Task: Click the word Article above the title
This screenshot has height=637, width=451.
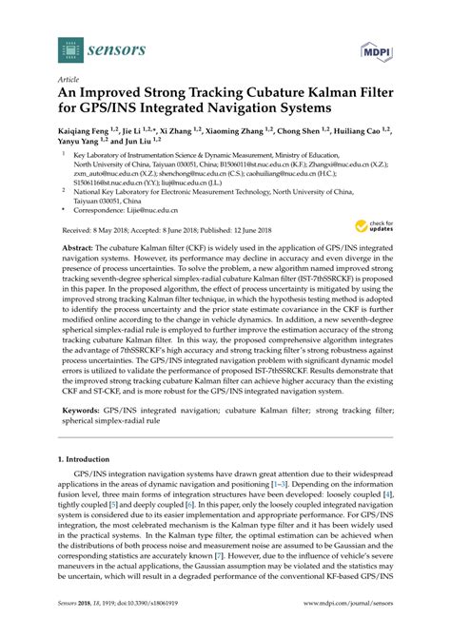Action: tap(69, 80)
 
